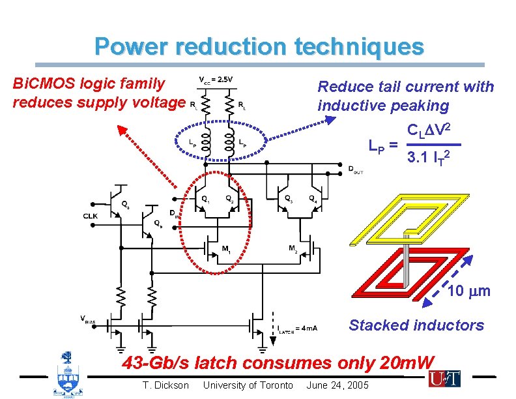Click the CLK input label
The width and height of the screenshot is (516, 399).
[91, 216]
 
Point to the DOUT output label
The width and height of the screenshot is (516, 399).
[356, 170]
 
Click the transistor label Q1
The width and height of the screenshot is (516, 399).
[205, 198]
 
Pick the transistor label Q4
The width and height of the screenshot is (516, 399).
[314, 198]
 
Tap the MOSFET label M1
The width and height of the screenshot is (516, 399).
[226, 248]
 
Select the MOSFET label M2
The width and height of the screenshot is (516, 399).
[294, 248]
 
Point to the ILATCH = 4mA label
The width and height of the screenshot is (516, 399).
[296, 328]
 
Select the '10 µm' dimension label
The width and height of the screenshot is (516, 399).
[469, 291]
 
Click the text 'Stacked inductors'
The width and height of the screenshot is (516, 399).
[416, 325]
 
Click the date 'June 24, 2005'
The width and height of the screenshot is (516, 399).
[337, 385]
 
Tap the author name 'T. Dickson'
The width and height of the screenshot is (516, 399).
[165, 385]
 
